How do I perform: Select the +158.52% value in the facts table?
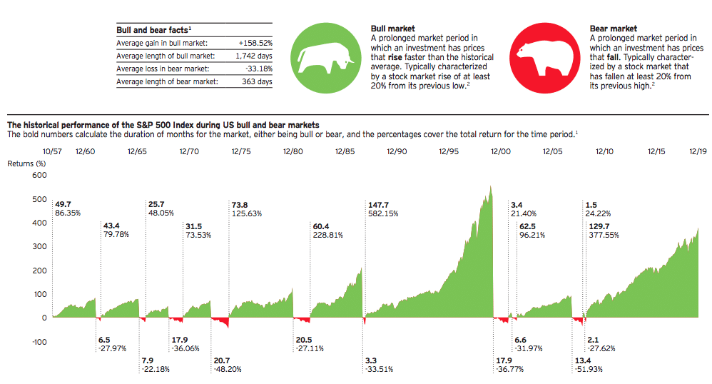point(255,43)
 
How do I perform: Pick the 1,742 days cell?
point(254,56)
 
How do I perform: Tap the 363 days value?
point(257,82)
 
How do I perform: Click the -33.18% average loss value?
point(259,69)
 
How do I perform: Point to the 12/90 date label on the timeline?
point(397,151)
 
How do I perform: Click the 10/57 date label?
point(52,151)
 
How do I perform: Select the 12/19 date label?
point(698,151)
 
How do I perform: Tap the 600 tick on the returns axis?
point(39,175)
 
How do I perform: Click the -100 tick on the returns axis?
point(39,342)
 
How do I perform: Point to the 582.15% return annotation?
point(383,213)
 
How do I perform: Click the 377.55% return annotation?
point(604,235)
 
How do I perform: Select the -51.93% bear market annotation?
point(589,369)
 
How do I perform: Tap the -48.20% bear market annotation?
point(228,369)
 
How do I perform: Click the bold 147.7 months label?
point(378,205)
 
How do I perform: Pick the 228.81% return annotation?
point(328,235)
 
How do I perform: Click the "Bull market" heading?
point(393,29)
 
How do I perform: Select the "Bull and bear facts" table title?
point(153,30)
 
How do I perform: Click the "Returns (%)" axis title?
point(26,163)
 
